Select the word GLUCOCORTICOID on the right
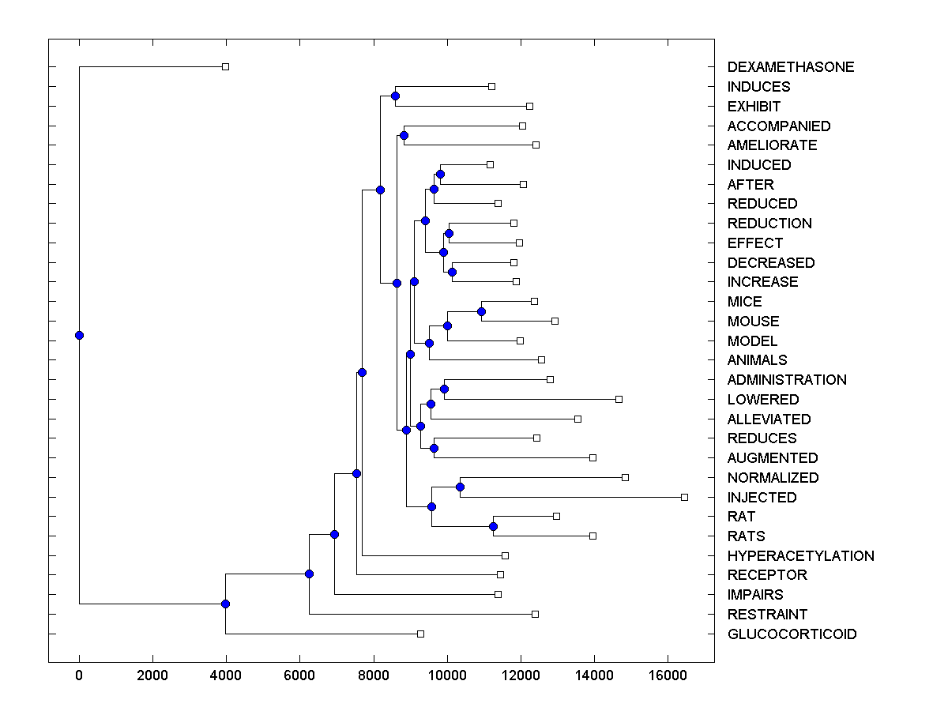(x=792, y=634)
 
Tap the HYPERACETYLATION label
(x=800, y=556)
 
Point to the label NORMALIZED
(x=773, y=478)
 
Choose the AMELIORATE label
(x=772, y=145)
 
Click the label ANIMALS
(x=757, y=360)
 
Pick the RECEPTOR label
(x=767, y=575)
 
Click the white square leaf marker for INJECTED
(x=684, y=497)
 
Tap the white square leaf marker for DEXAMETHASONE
(x=225, y=66)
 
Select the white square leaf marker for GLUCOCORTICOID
(x=420, y=634)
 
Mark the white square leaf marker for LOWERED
(x=619, y=399)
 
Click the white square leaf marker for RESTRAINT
(x=535, y=614)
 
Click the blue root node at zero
(x=79, y=335)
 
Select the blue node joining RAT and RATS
(x=493, y=526)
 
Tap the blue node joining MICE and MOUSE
(x=481, y=311)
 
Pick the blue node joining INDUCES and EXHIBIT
(x=395, y=96)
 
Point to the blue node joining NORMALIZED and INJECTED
(x=460, y=487)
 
